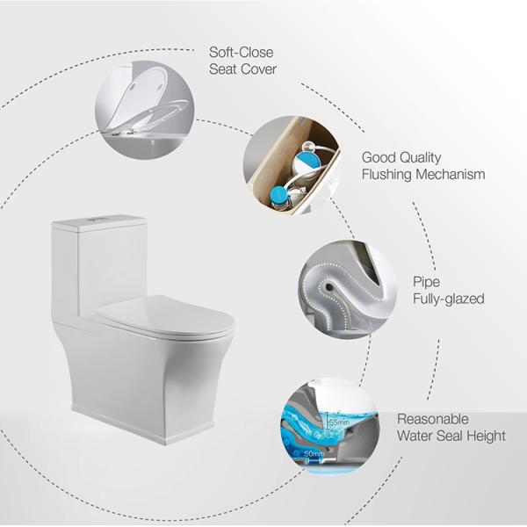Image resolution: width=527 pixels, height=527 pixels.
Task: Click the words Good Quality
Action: point(403,157)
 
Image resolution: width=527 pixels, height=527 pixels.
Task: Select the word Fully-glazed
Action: point(448,299)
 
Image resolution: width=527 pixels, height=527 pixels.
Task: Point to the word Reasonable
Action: point(433,419)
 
